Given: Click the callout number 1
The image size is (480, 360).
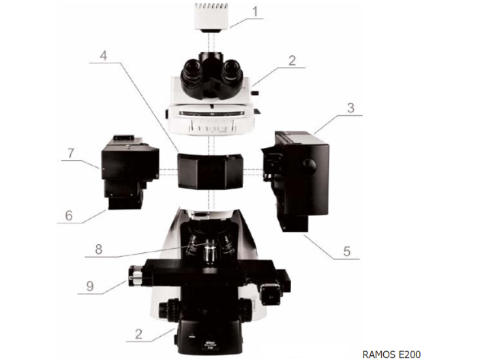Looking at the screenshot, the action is coord(255,12).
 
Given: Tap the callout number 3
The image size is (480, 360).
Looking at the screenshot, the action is coord(351,108).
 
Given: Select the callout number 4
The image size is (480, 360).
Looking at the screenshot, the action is coord(104,55).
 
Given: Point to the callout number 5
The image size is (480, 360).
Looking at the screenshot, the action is coord(346,252).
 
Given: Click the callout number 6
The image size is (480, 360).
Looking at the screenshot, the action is coord(69,215).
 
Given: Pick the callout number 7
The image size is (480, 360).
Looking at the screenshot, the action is coord(71,153).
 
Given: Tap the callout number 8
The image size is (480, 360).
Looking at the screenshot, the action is coord(98,250).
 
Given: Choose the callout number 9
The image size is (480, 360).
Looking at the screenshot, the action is coord(90,286).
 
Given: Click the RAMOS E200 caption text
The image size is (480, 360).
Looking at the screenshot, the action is coord(391,354).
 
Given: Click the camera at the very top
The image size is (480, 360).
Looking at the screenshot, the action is coord(211,18).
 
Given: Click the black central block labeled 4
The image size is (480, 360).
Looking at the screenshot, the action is coord(210,171).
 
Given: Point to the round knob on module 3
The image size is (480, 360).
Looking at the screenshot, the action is coord(309,165).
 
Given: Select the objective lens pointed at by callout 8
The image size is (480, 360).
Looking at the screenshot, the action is coord(209,252).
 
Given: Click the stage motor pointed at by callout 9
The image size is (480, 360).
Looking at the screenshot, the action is coord(135,275).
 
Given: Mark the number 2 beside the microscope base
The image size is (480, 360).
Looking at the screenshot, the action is coord(138,334).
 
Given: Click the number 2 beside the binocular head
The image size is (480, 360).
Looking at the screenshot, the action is coord(292,61).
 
